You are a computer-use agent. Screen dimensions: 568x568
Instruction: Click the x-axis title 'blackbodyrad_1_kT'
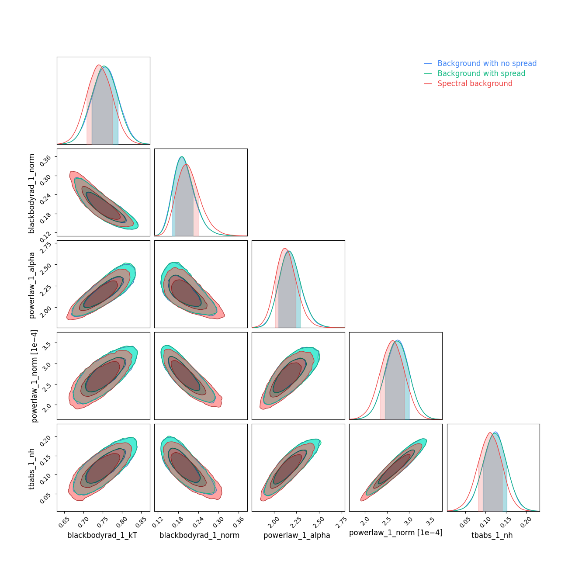(x=102, y=535)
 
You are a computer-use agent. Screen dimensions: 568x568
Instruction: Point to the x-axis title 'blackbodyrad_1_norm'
(x=199, y=535)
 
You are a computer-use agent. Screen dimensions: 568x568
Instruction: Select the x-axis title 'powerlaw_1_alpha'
(x=297, y=535)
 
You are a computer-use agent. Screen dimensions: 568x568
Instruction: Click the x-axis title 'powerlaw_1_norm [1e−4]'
(x=395, y=533)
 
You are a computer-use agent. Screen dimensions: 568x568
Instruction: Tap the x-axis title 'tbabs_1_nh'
(x=492, y=535)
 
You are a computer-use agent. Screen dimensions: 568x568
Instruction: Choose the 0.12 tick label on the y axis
(x=46, y=236)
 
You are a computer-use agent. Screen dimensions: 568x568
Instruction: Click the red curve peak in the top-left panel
(x=99, y=65)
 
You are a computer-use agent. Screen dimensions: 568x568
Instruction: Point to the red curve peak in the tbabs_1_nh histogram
(x=490, y=433)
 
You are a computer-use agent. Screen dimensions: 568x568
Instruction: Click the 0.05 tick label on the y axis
(x=46, y=498)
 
